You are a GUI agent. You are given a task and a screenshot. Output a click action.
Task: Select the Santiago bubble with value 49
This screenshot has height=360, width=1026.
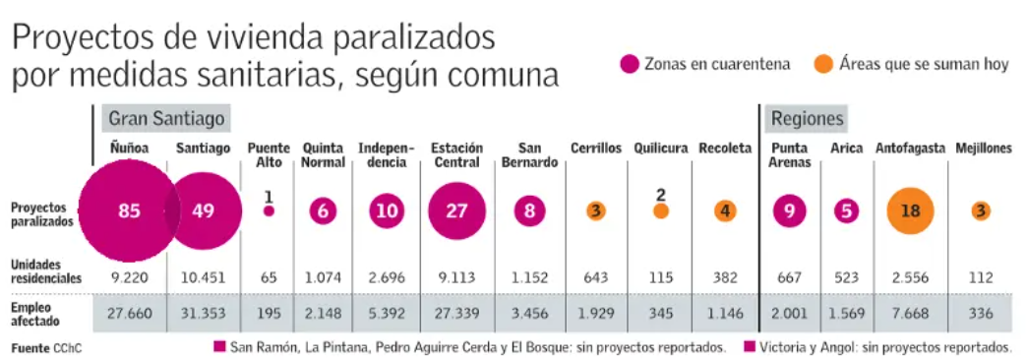click(203, 211)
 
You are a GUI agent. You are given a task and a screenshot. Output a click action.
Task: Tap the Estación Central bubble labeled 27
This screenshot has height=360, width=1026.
click(456, 211)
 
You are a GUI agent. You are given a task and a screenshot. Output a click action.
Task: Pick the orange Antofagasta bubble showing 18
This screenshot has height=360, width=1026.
click(911, 211)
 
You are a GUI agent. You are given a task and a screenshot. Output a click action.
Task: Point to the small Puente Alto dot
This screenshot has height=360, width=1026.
click(269, 211)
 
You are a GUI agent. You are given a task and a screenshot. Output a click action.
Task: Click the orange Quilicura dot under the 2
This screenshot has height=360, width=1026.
click(661, 211)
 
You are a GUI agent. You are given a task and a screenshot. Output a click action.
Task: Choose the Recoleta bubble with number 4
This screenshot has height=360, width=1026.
click(725, 211)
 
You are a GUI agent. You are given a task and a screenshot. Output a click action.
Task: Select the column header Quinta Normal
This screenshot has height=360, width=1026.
click(324, 155)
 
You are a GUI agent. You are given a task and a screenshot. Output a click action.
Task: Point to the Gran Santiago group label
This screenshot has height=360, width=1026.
click(166, 119)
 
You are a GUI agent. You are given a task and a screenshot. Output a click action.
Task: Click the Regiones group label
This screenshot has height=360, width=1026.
click(808, 119)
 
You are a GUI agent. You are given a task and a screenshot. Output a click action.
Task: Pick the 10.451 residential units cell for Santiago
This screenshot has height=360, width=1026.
click(203, 278)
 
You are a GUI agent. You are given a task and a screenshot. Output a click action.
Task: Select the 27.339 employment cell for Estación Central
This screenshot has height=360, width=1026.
click(456, 314)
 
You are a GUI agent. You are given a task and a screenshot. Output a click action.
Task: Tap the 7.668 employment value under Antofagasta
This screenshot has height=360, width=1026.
click(911, 314)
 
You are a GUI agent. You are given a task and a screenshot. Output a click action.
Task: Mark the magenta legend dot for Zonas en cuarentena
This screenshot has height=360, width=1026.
click(630, 64)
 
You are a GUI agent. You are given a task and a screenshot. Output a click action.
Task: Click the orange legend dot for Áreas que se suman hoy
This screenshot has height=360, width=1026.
click(824, 64)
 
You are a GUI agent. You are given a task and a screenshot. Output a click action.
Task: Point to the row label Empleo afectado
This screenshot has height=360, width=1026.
click(35, 314)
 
